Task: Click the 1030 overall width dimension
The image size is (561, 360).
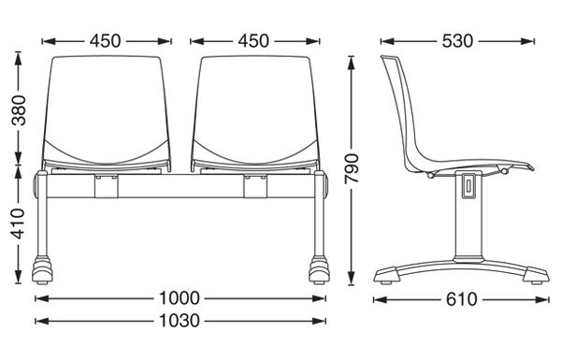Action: (x=180, y=321)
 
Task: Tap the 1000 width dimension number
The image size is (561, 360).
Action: (x=180, y=298)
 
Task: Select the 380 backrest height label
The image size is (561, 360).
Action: (x=19, y=110)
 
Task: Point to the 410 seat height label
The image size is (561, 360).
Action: (x=19, y=223)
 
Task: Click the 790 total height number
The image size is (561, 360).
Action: (x=352, y=168)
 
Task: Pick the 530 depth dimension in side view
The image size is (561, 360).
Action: (x=457, y=41)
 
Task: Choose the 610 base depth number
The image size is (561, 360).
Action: (x=462, y=299)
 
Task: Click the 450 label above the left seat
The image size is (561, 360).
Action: (x=105, y=41)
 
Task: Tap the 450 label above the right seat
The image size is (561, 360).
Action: (x=253, y=41)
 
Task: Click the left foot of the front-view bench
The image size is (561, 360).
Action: (x=42, y=270)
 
